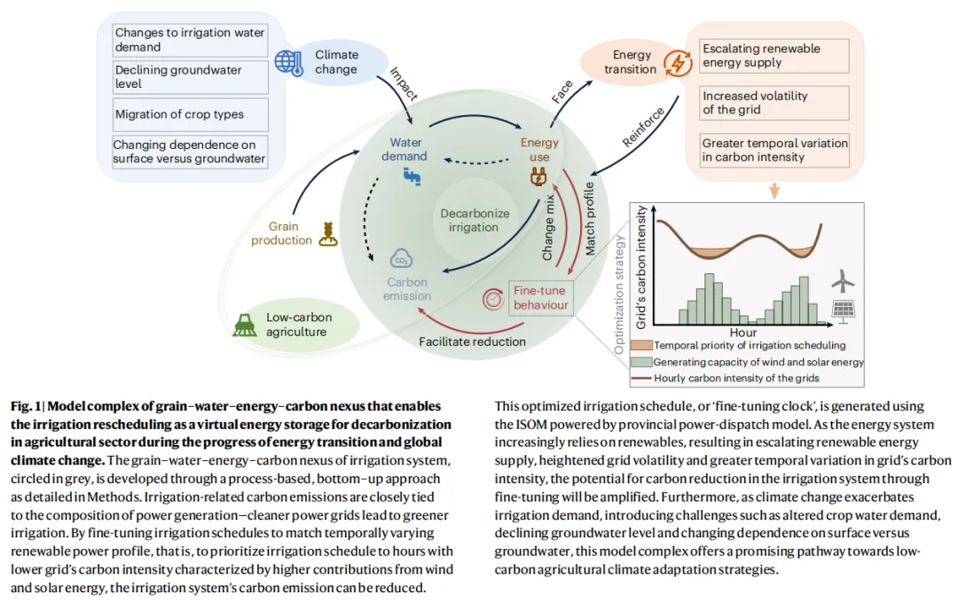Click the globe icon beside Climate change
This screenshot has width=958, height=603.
[287, 62]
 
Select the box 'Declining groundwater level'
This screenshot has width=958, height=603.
[191, 77]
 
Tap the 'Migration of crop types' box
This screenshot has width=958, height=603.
[191, 114]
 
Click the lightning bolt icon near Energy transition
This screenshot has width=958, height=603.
[678, 63]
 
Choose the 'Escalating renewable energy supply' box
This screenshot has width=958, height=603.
[774, 56]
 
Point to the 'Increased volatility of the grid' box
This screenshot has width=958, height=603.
[774, 103]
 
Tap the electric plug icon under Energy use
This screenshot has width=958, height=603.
[538, 177]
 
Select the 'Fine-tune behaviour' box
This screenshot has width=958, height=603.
[538, 298]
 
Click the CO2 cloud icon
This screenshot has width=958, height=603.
[400, 260]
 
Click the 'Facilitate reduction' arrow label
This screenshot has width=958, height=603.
[472, 341]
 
